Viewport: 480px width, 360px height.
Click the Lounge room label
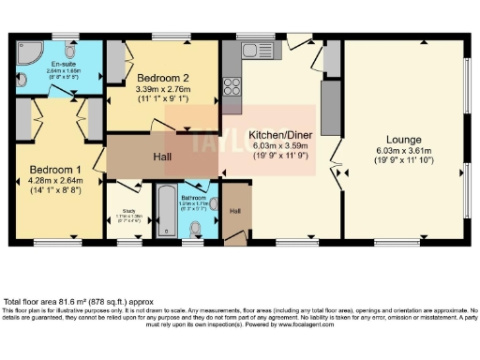[407, 140]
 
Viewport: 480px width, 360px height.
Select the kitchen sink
[252, 50]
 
